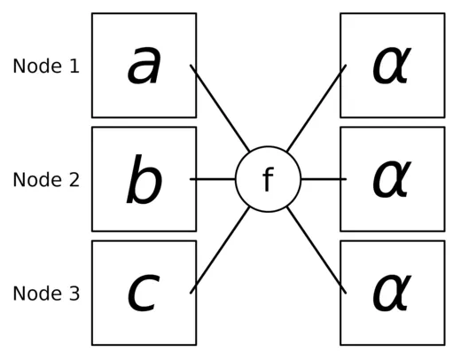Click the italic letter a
145,67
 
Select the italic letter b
144,180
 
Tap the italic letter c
144,293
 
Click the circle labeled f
268,179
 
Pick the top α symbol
391,67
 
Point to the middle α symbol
391,180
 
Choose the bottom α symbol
391,293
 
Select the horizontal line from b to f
213,179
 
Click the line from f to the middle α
323,179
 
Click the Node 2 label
46,180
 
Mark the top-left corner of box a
92,14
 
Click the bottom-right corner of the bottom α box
443,344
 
